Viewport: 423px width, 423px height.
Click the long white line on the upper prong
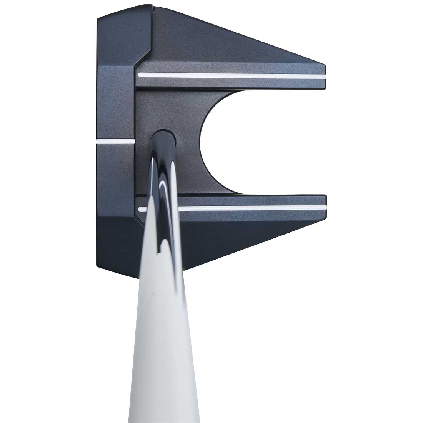tap(231, 75)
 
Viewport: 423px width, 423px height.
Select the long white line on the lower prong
tap(250, 209)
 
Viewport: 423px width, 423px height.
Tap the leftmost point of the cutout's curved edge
tap(200, 142)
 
